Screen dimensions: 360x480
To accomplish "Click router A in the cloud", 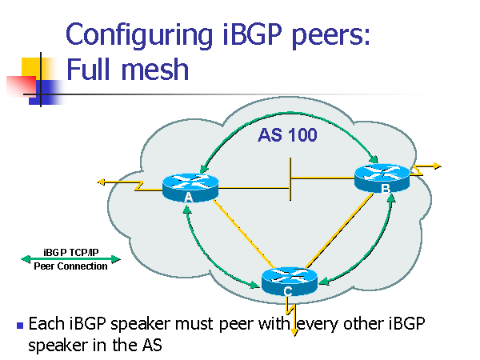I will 190,187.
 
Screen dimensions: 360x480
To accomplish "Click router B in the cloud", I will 382,177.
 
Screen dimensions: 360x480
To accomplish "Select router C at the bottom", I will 289,281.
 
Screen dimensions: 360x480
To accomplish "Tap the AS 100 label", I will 287,135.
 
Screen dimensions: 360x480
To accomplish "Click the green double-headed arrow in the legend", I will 70,258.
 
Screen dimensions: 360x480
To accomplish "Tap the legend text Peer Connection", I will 70,266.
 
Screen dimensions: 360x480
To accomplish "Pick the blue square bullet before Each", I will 20,326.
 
